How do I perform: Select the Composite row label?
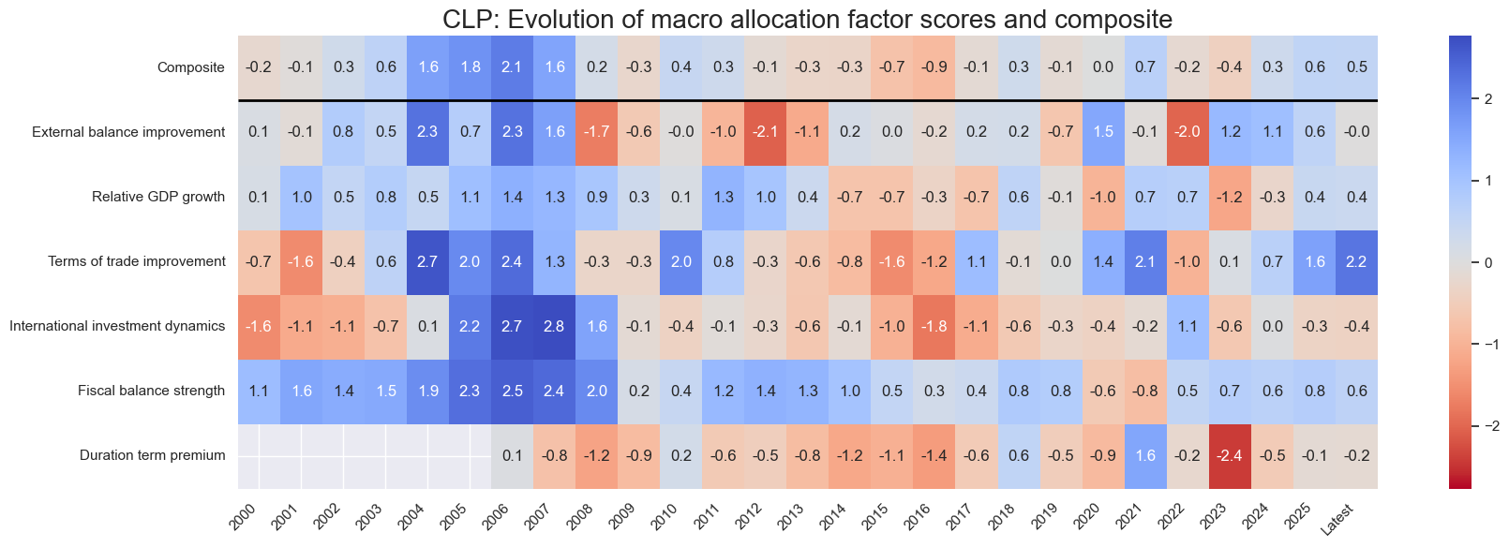191,67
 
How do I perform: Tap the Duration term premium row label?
152,456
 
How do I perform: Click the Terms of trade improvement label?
137,261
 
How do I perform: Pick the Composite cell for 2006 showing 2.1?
512,67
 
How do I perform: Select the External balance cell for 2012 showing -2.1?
765,132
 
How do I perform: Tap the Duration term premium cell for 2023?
1230,456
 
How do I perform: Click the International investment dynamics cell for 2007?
554,327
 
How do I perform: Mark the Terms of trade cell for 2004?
427,261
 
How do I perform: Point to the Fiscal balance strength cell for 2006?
512,392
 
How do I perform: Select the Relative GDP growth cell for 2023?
1230,197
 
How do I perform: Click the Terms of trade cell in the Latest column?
1356,261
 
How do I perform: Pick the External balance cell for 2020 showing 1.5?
1103,132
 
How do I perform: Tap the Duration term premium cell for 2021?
1145,456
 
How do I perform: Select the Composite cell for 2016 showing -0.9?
934,67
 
